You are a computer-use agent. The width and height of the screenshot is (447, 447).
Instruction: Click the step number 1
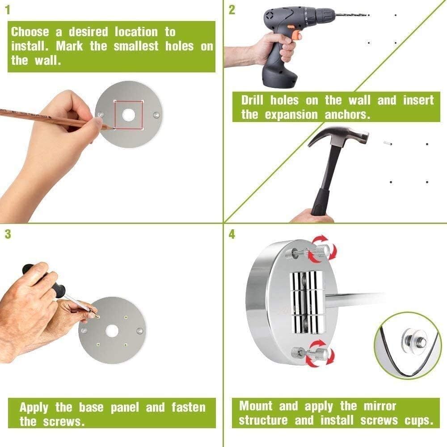[8, 10]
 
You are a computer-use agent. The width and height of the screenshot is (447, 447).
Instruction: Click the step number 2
[232, 10]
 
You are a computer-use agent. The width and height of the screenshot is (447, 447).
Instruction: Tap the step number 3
[8, 234]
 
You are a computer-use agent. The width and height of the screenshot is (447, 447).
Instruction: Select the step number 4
[232, 234]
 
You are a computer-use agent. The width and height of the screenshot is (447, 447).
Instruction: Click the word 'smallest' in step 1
[136, 46]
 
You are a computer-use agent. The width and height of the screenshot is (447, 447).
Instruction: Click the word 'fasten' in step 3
[189, 407]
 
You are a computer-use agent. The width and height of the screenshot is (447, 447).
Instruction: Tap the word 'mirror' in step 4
[380, 406]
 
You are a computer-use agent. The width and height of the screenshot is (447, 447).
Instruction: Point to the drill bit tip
[369, 15]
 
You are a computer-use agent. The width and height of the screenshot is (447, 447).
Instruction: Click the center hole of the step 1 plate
[129, 114]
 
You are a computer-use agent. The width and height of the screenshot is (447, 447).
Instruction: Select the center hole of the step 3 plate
[112, 330]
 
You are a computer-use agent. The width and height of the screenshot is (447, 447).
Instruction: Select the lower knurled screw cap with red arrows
[321, 354]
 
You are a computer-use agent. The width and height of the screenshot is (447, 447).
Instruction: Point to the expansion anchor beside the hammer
[387, 143]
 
